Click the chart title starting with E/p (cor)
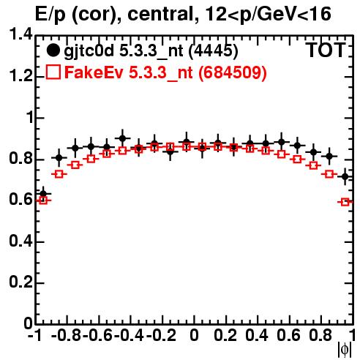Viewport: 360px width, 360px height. pyautogui.click(x=183, y=14)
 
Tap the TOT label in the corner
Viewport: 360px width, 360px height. pyautogui.click(x=326, y=50)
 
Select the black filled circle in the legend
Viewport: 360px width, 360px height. pyautogui.click(x=53, y=50)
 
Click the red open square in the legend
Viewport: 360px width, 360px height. pyautogui.click(x=53, y=72)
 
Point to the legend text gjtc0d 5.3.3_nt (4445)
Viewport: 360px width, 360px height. pyautogui.click(x=151, y=51)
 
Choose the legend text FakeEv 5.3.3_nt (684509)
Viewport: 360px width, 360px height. pyautogui.click(x=165, y=72)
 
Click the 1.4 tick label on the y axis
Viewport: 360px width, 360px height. pyautogui.click(x=20, y=34)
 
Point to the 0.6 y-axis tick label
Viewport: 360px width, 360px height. pyautogui.click(x=20, y=200)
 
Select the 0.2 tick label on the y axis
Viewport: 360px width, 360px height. pyautogui.click(x=20, y=282)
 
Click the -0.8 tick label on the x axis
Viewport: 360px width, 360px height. pyautogui.click(x=67, y=335)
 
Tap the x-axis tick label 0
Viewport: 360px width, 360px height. pyautogui.click(x=194, y=335)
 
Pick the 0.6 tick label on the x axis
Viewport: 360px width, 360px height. pyautogui.click(x=289, y=335)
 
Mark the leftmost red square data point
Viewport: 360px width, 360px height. pyautogui.click(x=43, y=200)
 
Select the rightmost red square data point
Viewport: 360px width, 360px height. pyautogui.click(x=345, y=202)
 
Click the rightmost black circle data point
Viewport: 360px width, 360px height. pyautogui.click(x=345, y=176)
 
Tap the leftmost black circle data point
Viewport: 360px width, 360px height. pyautogui.click(x=43, y=194)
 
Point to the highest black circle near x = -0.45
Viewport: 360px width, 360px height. pyautogui.click(x=122, y=138)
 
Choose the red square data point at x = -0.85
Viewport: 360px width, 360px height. pyautogui.click(x=59, y=174)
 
